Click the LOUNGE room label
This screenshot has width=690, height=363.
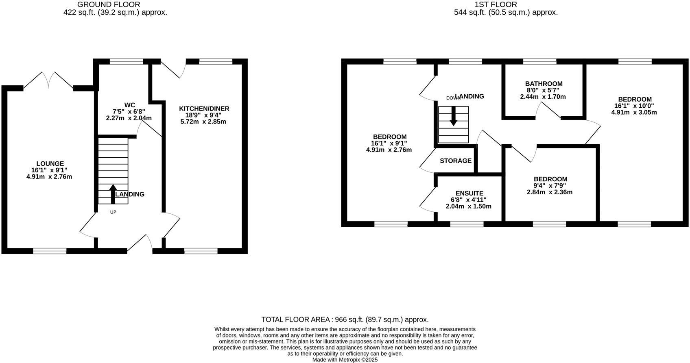point(50,164)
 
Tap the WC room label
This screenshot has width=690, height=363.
point(129,105)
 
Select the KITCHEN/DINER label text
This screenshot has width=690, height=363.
point(204,109)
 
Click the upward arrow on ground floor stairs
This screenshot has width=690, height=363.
point(113,194)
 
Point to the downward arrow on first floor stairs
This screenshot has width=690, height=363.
point(453,116)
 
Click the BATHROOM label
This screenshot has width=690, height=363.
point(544,84)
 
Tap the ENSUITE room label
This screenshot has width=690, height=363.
point(469,193)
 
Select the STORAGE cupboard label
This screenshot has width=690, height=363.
point(455,161)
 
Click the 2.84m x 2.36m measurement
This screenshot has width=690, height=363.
point(549,192)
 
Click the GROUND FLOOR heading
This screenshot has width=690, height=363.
point(109,4)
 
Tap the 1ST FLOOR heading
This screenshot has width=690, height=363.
point(496,4)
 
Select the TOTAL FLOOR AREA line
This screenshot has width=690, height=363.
point(345,320)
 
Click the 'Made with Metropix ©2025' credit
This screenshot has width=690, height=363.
point(345,360)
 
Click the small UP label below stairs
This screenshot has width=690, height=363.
point(113,212)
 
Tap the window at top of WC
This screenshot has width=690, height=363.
point(127,62)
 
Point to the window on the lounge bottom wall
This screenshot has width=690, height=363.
point(50,251)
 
